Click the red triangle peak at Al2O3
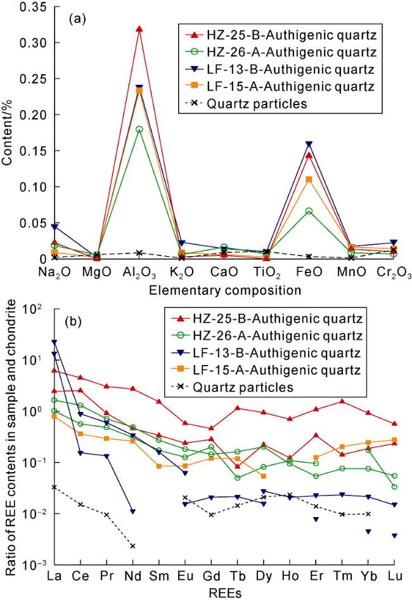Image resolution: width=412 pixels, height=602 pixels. (x=139, y=29)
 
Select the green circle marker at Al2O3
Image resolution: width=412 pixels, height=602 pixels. (x=139, y=129)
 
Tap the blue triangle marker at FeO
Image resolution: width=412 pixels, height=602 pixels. (x=309, y=144)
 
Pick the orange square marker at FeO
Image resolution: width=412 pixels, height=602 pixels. (x=309, y=179)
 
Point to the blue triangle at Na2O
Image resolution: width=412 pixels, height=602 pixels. (x=55, y=227)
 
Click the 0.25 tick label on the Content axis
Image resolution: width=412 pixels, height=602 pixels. (x=34, y=79)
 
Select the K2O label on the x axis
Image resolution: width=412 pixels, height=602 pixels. (x=182, y=272)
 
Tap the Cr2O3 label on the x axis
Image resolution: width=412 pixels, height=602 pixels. (x=394, y=272)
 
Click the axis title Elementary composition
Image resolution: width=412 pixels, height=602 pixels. (x=225, y=290)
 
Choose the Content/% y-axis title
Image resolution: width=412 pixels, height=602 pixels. (x=8, y=133)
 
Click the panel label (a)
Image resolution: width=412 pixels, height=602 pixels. (x=77, y=19)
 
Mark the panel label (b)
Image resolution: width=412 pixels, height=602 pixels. (x=73, y=321)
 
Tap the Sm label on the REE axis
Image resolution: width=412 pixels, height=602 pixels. (x=159, y=576)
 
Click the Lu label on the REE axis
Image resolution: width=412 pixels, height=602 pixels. (x=395, y=576)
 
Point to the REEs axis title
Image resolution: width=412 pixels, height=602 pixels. (x=225, y=593)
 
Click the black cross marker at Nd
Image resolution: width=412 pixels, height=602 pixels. (x=132, y=546)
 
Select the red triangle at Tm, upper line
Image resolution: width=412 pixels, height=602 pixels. (x=342, y=401)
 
